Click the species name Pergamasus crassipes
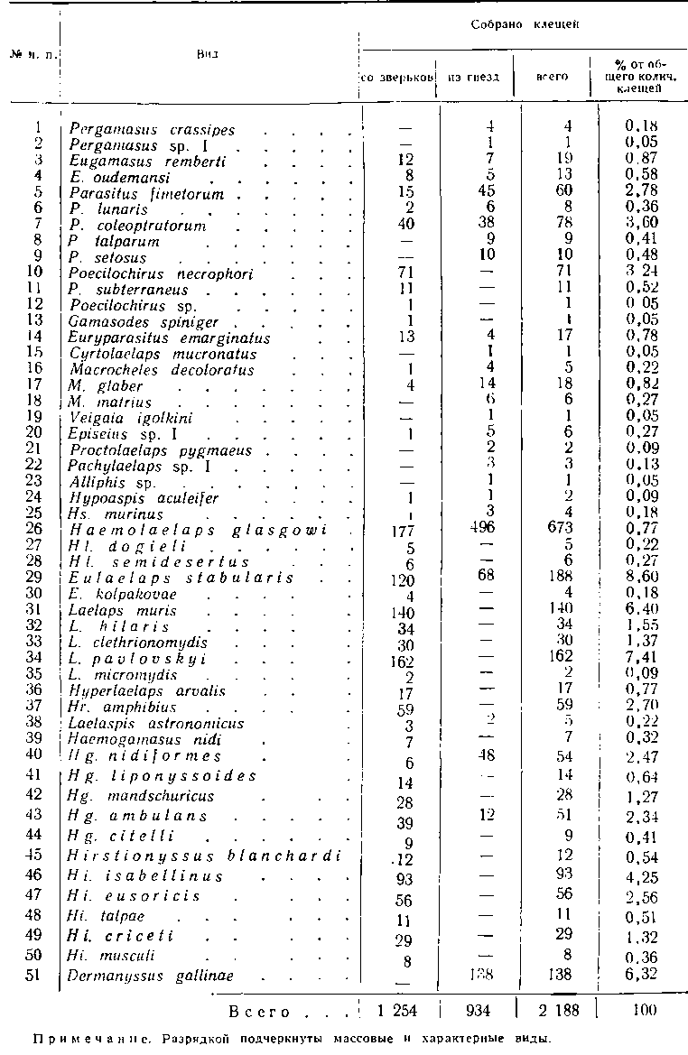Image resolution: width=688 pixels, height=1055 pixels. point(152,130)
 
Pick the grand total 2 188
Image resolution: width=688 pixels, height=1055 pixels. point(553,1010)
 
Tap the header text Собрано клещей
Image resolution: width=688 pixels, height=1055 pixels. point(524,26)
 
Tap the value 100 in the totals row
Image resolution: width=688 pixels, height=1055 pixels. point(645,1010)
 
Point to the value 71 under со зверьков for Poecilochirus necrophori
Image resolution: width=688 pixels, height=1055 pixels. point(405,274)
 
